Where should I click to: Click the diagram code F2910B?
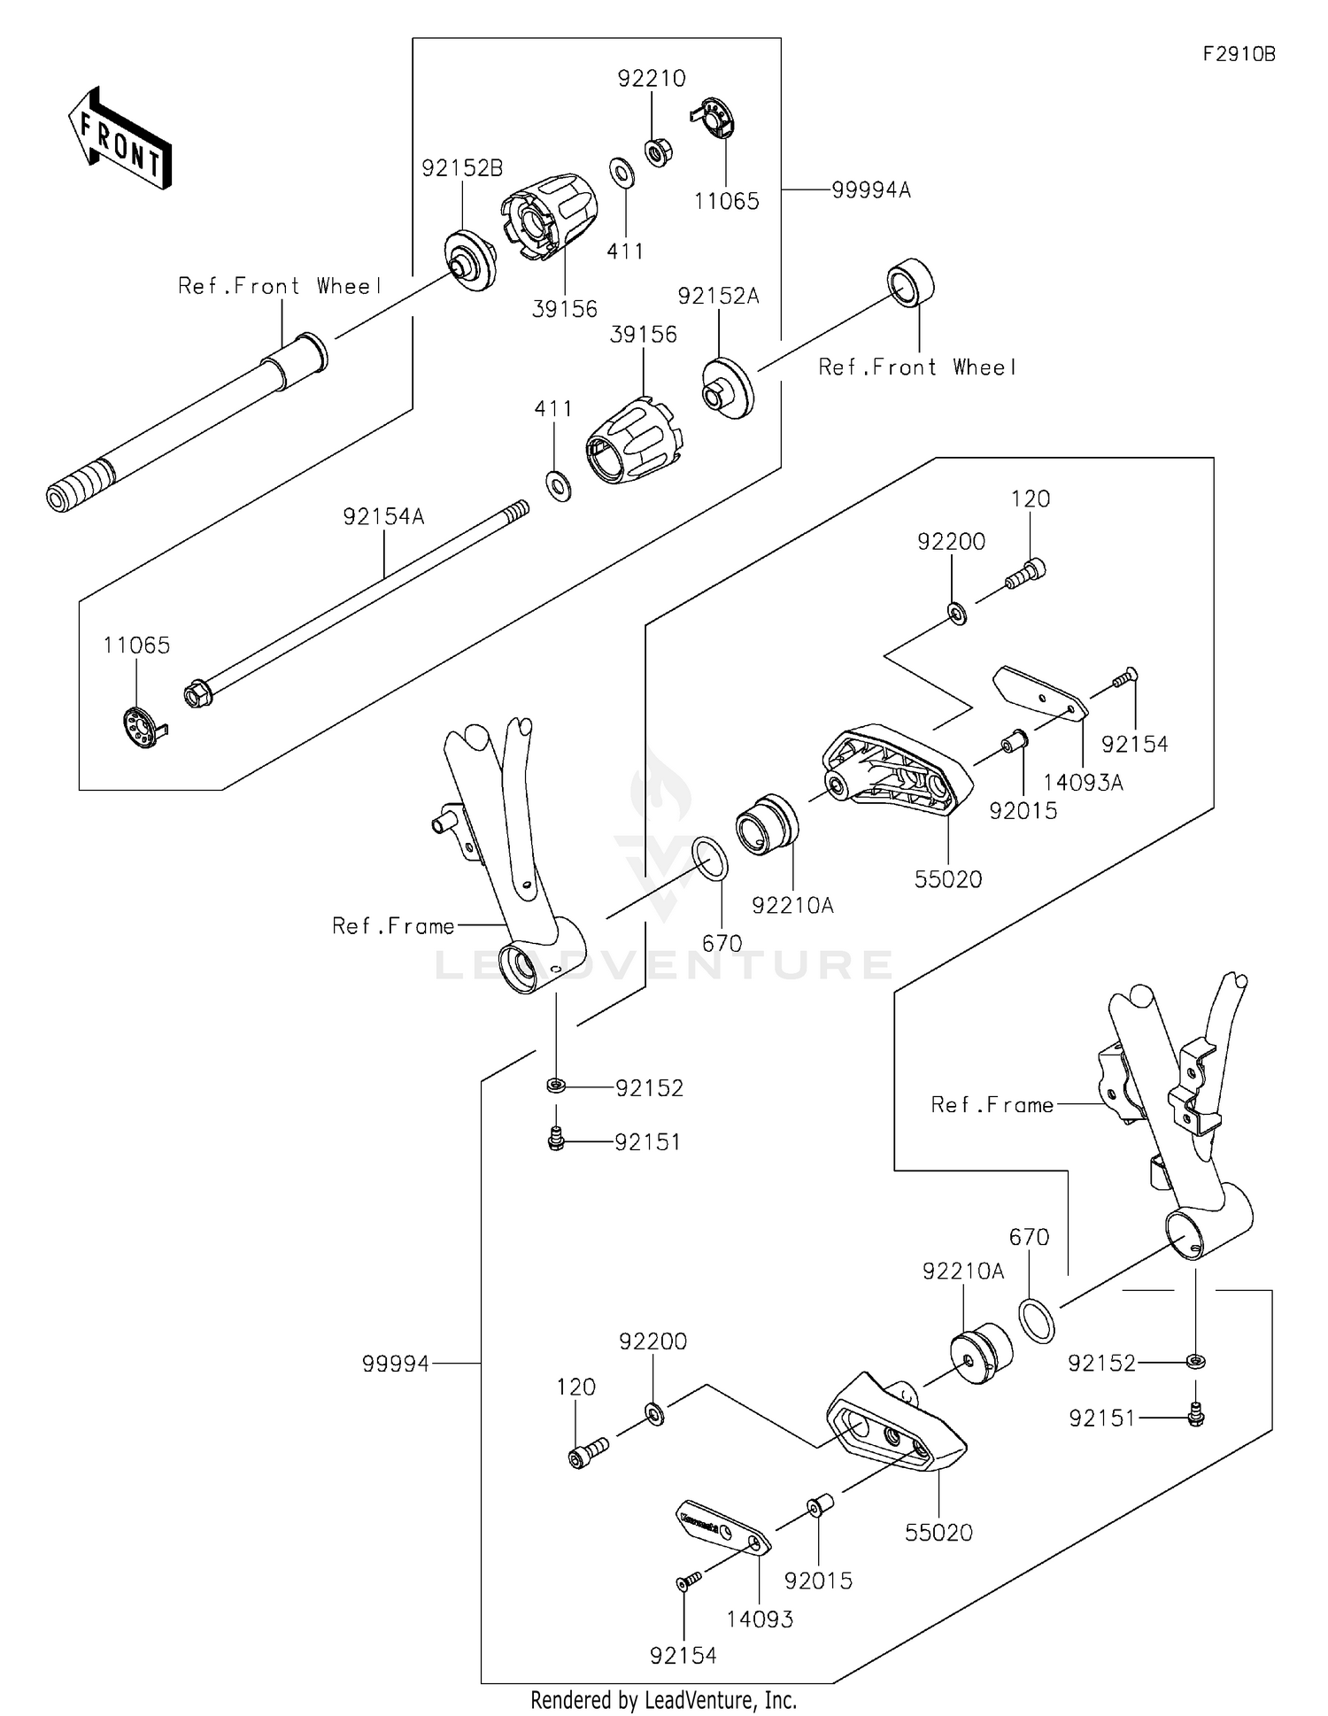pos(1239,54)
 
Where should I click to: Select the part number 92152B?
pos(462,168)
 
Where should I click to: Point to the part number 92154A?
pos(383,516)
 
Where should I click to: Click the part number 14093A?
pos(1083,782)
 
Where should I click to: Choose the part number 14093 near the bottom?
pos(760,1619)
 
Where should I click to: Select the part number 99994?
pos(395,1364)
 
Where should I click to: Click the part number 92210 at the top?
pos(652,79)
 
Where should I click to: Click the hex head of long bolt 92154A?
pos(197,693)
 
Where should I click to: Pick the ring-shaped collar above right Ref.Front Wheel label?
pos(911,282)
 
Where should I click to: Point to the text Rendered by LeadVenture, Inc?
pos(663,1699)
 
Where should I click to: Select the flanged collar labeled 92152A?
pos(728,387)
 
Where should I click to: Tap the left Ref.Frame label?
pos(393,926)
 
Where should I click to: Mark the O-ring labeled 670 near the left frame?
pos(709,859)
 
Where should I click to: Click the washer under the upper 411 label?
pos(622,172)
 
